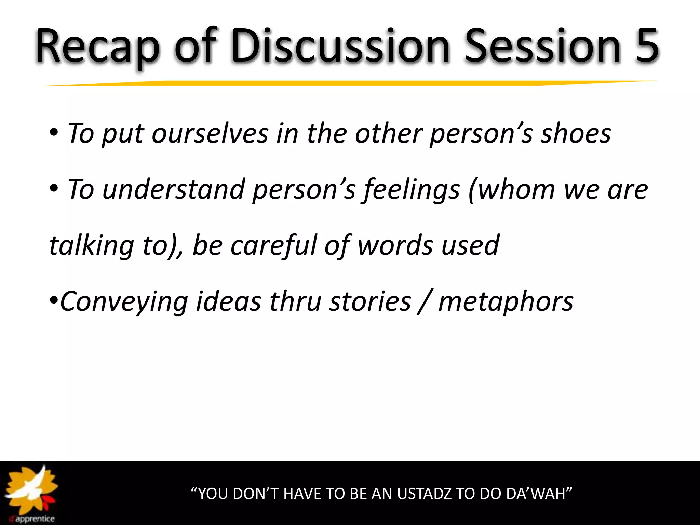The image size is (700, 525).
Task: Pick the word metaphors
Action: (x=506, y=301)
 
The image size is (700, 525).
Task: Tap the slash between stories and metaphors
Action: (x=424, y=302)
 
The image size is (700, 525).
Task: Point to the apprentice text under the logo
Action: (x=34, y=519)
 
